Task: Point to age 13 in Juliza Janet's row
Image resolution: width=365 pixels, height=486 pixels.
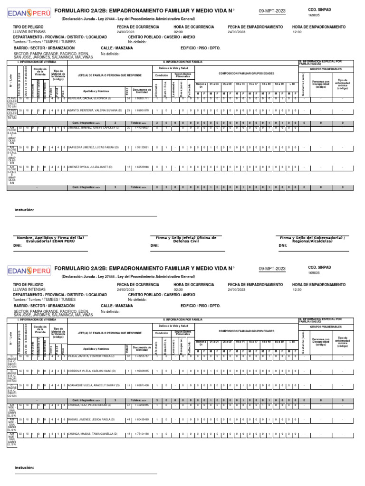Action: (128, 167)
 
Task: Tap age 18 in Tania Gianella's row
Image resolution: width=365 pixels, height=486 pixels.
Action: (128, 434)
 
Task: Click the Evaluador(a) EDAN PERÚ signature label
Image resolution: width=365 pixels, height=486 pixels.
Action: (50, 239)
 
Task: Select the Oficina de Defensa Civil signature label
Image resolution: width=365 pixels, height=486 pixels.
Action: (186, 239)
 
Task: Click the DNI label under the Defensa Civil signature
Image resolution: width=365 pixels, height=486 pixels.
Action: (154, 246)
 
